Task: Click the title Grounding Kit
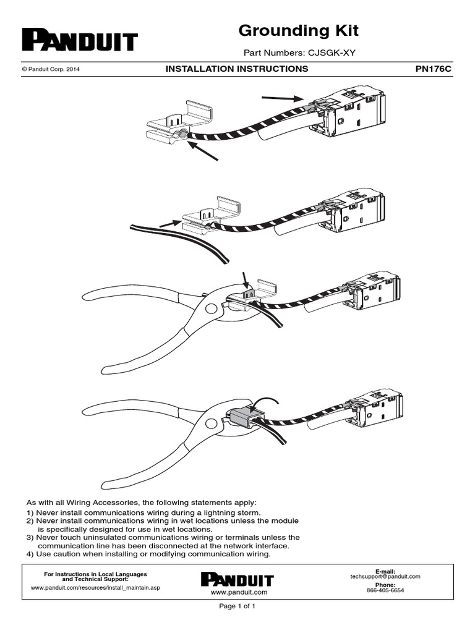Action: coord(298,30)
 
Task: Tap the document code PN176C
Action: coord(433,69)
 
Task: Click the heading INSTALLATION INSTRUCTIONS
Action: coord(237,69)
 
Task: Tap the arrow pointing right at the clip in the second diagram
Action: coord(169,223)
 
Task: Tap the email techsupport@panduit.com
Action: coord(385,576)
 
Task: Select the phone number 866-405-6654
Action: coord(385,590)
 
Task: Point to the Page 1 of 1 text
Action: coord(237,606)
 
